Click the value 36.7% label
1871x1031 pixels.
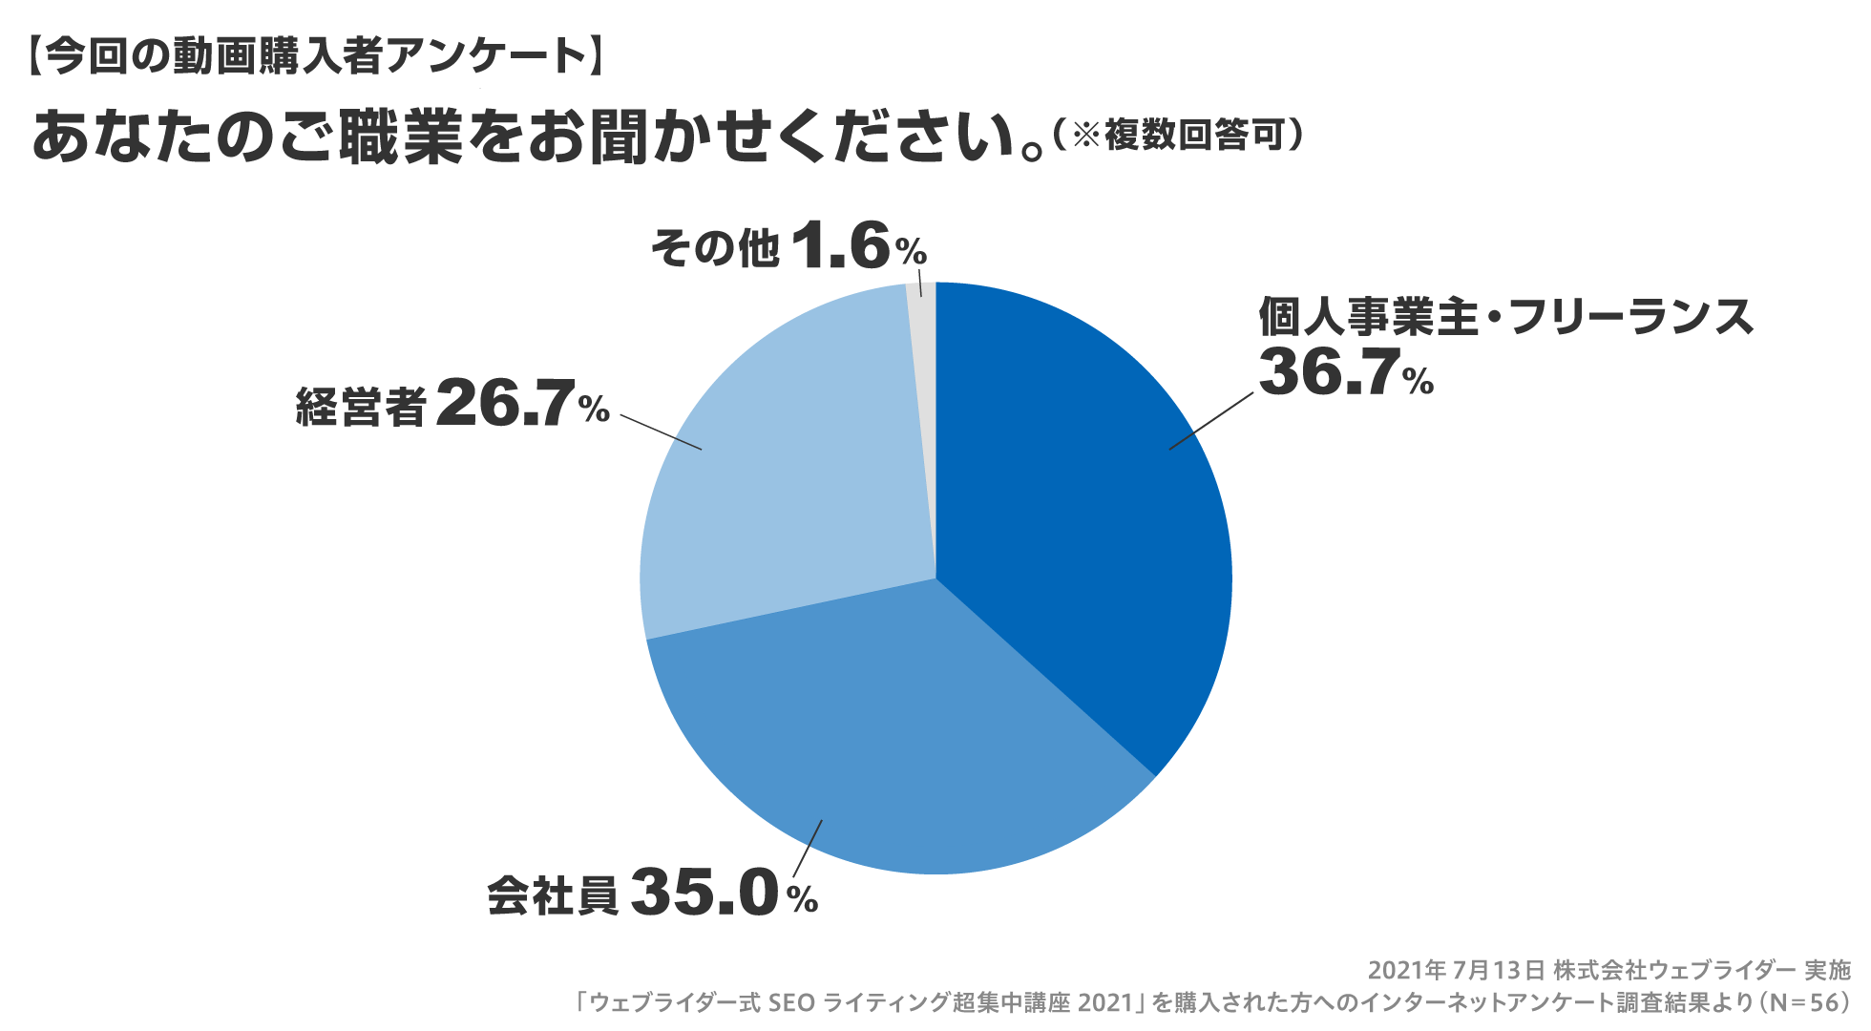pyautogui.click(x=1345, y=372)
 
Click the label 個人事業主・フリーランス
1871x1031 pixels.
pyautogui.click(x=1505, y=316)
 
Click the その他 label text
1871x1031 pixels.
pyautogui.click(x=714, y=248)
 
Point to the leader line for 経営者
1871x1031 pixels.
pyautogui.click(x=661, y=432)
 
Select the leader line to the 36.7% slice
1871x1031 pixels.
pyautogui.click(x=1210, y=421)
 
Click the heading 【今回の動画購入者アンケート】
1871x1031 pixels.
pyautogui.click(x=315, y=56)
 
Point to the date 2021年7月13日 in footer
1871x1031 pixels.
pyautogui.click(x=1456, y=971)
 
